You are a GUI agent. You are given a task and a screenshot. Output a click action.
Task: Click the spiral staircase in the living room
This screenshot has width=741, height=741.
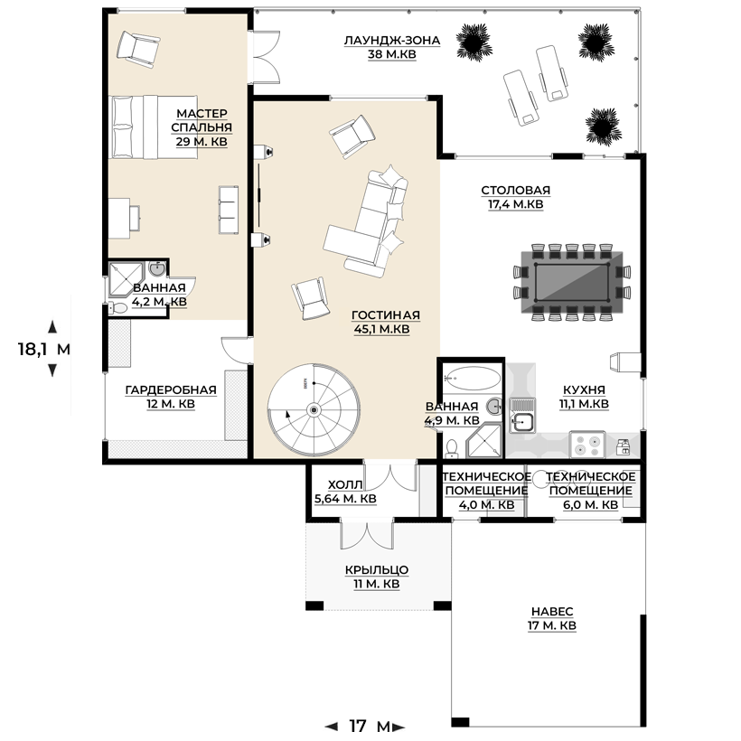coord(314,409)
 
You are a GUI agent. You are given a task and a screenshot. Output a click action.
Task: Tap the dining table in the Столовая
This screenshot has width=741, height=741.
coord(572,282)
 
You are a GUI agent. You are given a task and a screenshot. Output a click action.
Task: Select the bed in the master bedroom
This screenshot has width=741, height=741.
coord(153,127)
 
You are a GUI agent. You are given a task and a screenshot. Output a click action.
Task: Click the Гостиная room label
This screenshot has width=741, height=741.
coord(386,322)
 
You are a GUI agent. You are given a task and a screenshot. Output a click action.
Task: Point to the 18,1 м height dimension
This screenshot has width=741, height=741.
coord(44,349)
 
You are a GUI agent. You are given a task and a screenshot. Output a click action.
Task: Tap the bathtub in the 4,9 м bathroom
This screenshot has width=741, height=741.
coord(472,379)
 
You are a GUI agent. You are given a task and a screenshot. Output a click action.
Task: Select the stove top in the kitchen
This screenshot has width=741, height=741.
coord(587,445)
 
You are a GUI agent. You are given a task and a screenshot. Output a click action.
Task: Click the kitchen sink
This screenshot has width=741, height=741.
coord(522,416)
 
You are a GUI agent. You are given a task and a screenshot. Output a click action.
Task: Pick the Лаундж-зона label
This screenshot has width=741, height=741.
coord(392,47)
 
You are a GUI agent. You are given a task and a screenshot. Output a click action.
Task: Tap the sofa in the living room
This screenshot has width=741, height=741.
coord(366,221)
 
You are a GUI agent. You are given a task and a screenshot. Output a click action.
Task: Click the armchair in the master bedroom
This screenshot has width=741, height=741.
coord(138,48)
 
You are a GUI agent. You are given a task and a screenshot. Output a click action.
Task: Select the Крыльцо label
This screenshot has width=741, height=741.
coord(377,577)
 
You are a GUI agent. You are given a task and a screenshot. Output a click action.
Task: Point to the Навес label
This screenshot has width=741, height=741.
coord(552,619)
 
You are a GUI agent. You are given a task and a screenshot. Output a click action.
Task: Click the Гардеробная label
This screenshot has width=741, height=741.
coord(171,397)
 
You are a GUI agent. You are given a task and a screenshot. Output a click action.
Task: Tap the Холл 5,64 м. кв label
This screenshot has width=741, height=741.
coord(345,492)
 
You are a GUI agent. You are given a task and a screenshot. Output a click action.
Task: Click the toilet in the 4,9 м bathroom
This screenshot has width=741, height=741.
coord(452,449)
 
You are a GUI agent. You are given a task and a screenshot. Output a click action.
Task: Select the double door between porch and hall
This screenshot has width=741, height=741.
coord(367,534)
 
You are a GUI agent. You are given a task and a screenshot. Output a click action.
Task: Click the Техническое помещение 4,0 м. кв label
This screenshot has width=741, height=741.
coord(486,491)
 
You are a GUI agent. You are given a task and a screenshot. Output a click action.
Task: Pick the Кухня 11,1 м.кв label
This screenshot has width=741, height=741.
coord(584,397)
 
